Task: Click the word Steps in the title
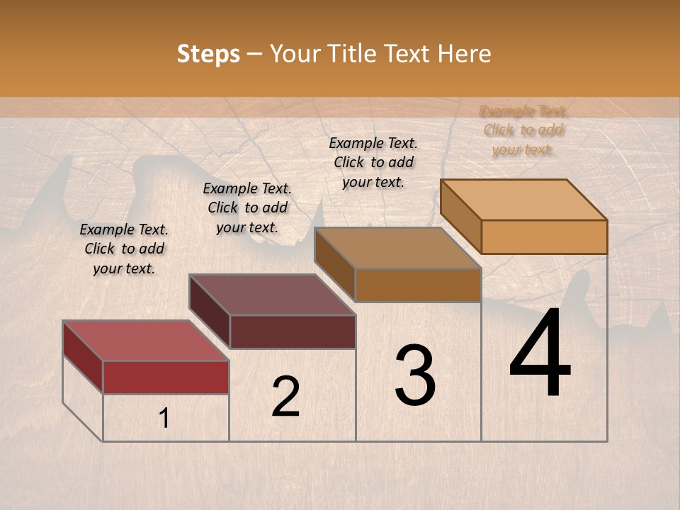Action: point(208,54)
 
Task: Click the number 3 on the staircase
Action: point(415,375)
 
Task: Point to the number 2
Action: point(285,397)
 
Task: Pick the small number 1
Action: point(164,419)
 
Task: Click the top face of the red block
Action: point(145,341)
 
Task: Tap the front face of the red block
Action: point(166,377)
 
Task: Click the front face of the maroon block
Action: point(293,331)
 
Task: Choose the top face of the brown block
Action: point(397,248)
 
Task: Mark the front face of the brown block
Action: point(418,285)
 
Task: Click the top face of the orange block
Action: point(523,200)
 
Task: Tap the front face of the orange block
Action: point(544,237)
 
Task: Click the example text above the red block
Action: point(124,249)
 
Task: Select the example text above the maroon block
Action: point(247,208)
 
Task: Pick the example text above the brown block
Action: point(373,162)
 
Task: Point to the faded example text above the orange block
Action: point(523,130)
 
